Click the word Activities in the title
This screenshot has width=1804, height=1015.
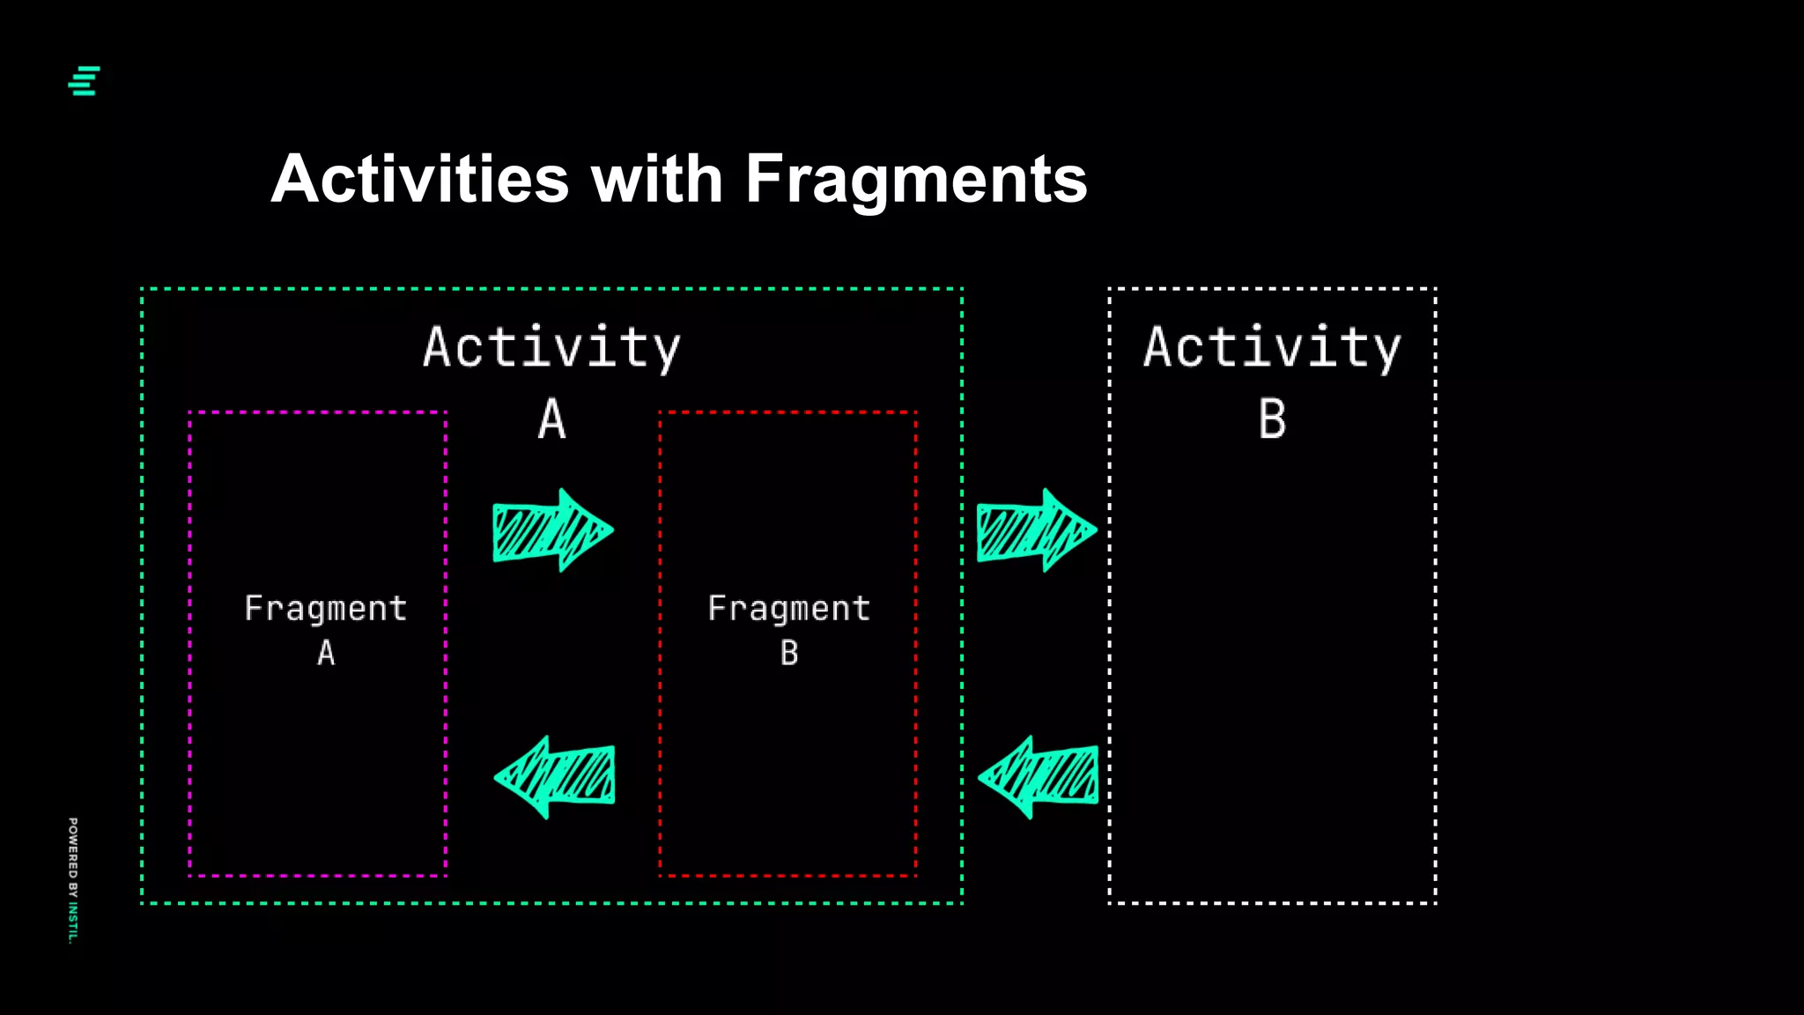tap(420, 179)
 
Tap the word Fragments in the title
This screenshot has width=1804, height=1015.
tap(916, 179)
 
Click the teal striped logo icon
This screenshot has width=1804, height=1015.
tap(85, 81)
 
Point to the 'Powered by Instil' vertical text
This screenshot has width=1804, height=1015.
tap(73, 879)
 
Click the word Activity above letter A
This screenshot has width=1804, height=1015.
tap(551, 347)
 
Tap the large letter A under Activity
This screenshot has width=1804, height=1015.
tap(552, 419)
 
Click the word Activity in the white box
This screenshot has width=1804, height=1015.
tap(1272, 347)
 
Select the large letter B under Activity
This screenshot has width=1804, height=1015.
tap(1272, 419)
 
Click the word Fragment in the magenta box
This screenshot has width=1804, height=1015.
tap(326, 608)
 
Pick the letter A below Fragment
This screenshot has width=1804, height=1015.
tap(326, 653)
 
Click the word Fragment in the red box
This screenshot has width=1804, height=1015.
tap(789, 608)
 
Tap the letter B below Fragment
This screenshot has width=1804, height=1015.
tap(789, 653)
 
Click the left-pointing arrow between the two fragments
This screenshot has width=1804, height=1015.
tap(554, 777)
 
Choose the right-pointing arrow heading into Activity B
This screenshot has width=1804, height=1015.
tap(1036, 530)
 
